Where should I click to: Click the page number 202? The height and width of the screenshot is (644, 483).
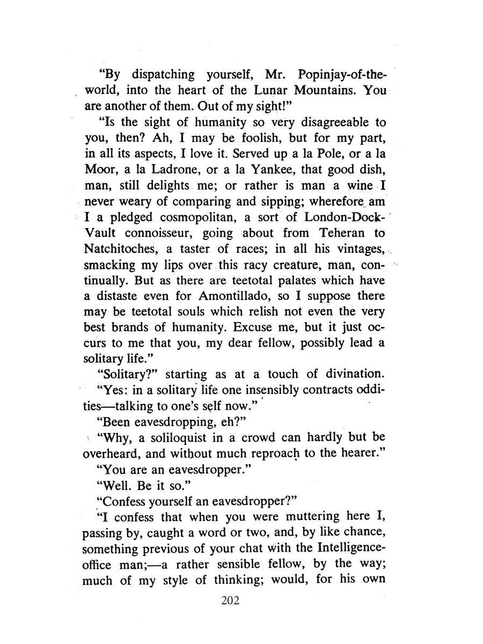pyautogui.click(x=230, y=599)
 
